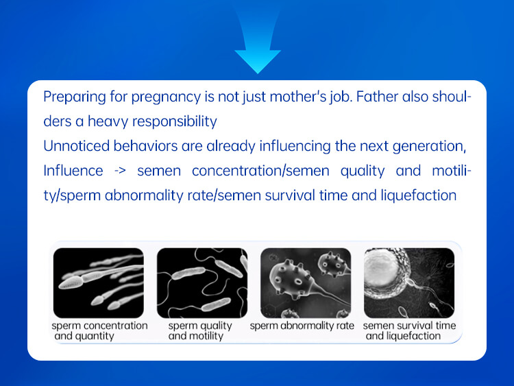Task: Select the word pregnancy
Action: point(154,97)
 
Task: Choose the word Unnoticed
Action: point(75,146)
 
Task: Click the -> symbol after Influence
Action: point(120,171)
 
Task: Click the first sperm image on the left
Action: point(99,282)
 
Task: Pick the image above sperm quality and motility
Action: point(201,282)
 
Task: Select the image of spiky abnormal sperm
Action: point(305,282)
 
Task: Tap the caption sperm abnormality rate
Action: point(302,326)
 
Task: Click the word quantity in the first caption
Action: point(95,336)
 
